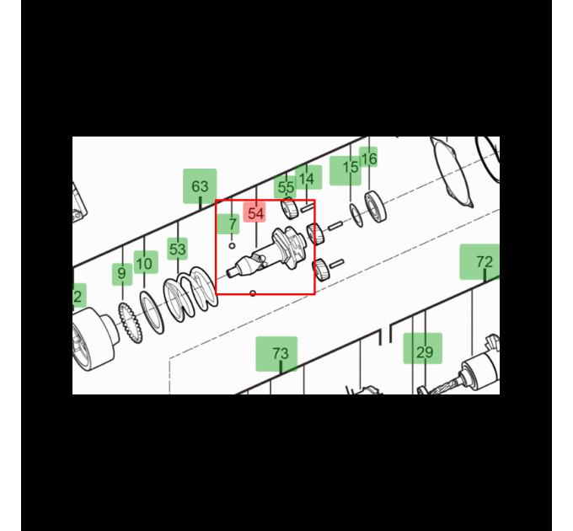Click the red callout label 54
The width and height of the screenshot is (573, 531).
[x=254, y=212]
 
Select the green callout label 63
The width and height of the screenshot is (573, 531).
[x=200, y=186]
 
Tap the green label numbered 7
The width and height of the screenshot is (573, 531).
[x=228, y=224]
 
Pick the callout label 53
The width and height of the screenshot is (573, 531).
[x=178, y=249]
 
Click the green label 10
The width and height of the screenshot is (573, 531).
[x=146, y=262]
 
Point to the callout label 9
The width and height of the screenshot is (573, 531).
[x=122, y=274]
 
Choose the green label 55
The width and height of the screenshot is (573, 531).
[x=285, y=187]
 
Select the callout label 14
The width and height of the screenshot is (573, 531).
[x=308, y=177]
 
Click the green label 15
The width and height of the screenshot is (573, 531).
[x=345, y=170]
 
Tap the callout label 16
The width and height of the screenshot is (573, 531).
[x=368, y=157]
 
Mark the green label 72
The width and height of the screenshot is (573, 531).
[x=479, y=261]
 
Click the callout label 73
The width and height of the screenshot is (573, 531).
[x=276, y=354]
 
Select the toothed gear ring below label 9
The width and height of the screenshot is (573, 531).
[x=130, y=323]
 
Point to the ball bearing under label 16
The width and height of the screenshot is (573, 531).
[x=375, y=206]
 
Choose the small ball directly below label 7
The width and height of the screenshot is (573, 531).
[x=232, y=246]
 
